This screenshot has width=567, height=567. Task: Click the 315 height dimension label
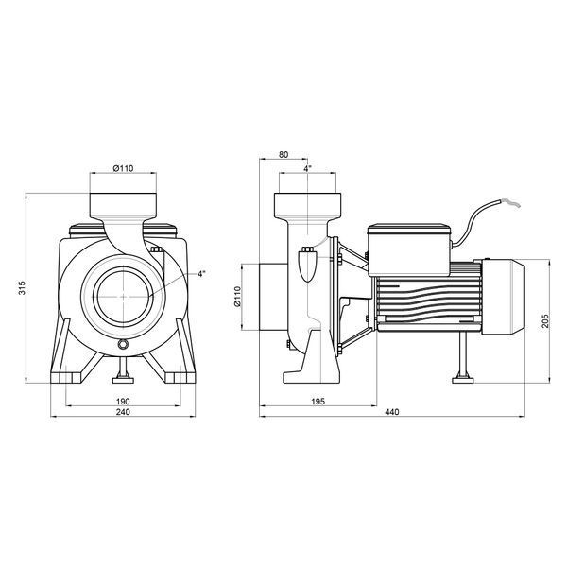pyautogui.click(x=23, y=287)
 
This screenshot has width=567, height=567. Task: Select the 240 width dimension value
pyautogui.click(x=123, y=412)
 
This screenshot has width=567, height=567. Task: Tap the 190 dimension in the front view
pyautogui.click(x=123, y=401)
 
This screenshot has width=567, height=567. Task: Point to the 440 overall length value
pyautogui.click(x=392, y=412)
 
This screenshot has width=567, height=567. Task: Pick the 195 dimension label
pyautogui.click(x=318, y=401)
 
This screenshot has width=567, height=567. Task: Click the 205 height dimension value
pyautogui.click(x=545, y=321)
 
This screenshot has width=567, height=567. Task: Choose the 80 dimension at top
pyautogui.click(x=283, y=154)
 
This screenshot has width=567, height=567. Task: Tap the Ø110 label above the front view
pyautogui.click(x=123, y=168)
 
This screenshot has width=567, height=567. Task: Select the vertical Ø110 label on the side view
pyautogui.click(x=237, y=297)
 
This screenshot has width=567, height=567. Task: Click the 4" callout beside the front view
pyautogui.click(x=201, y=274)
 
